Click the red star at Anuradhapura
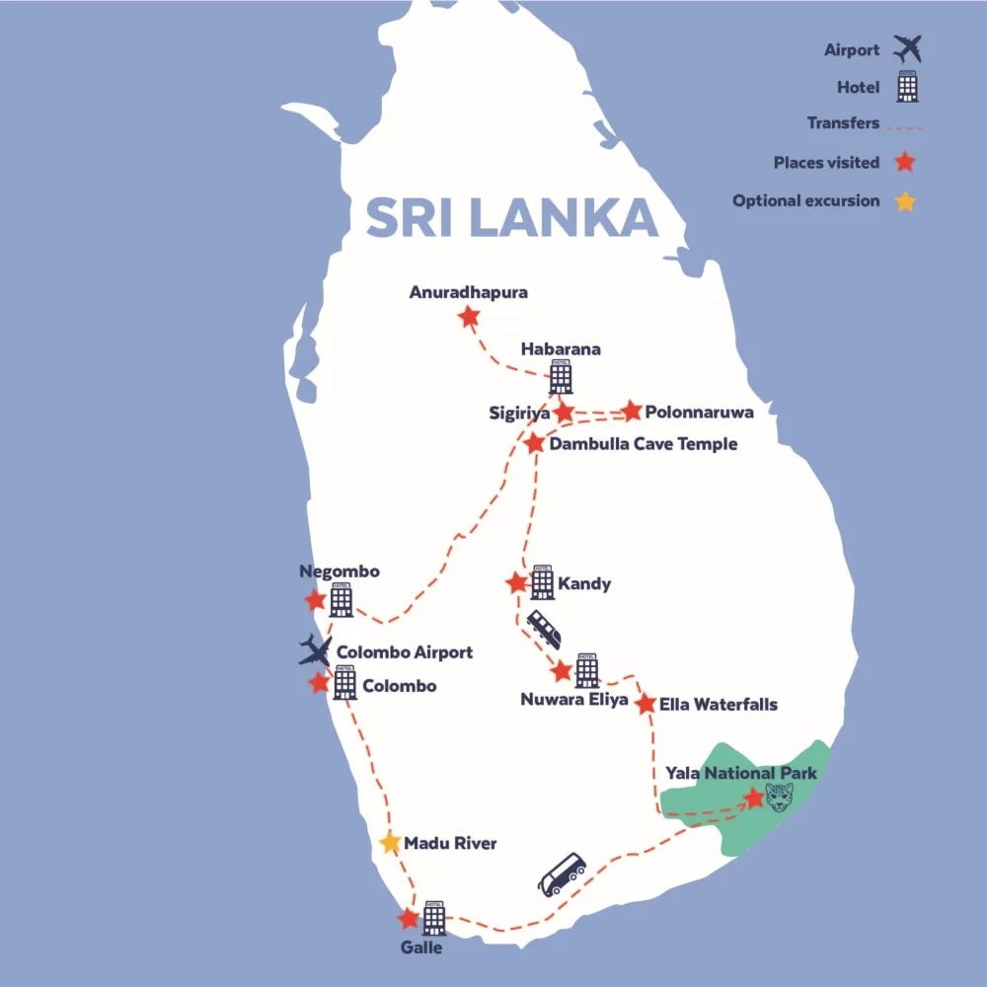coord(469,317)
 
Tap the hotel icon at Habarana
coord(561,377)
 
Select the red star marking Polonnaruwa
coord(632,411)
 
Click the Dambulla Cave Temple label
coord(644,444)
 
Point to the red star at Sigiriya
coord(564,412)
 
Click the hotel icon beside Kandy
coord(542,582)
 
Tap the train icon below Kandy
coord(544,629)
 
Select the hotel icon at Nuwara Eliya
coord(586,670)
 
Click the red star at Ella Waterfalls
coord(645,705)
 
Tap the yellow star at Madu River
coord(391,843)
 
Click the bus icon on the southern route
coord(562,874)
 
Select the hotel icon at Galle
coord(434,918)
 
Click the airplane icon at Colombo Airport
coord(316,650)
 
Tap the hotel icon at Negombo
coord(342,599)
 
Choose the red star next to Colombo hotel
coord(319,683)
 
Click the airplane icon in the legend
coord(905,48)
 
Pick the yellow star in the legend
coord(905,201)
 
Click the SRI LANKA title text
coord(511,218)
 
